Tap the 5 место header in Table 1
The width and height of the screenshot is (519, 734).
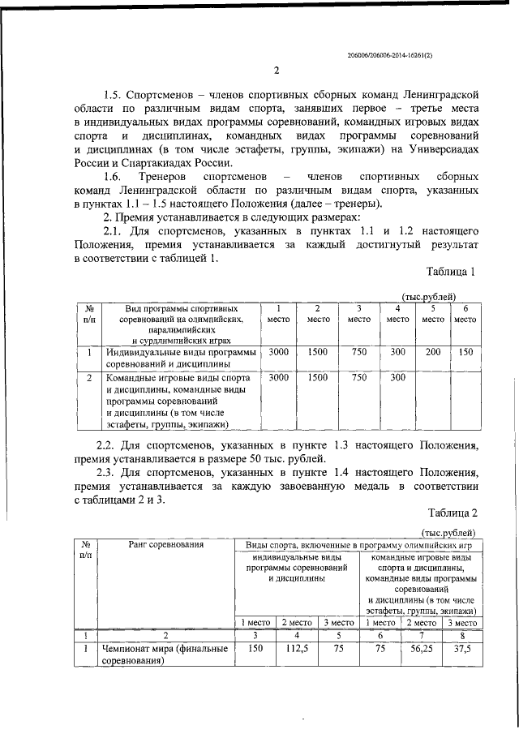(x=433, y=314)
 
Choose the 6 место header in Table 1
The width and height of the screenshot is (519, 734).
(x=465, y=314)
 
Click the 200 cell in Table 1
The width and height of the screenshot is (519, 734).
(x=433, y=352)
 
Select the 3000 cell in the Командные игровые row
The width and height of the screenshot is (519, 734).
(x=278, y=377)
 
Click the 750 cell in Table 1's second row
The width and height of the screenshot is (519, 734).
(x=358, y=377)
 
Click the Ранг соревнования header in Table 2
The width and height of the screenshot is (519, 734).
(x=165, y=544)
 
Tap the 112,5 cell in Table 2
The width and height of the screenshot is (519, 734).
(x=297, y=649)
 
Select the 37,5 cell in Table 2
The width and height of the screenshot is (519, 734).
(x=458, y=649)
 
